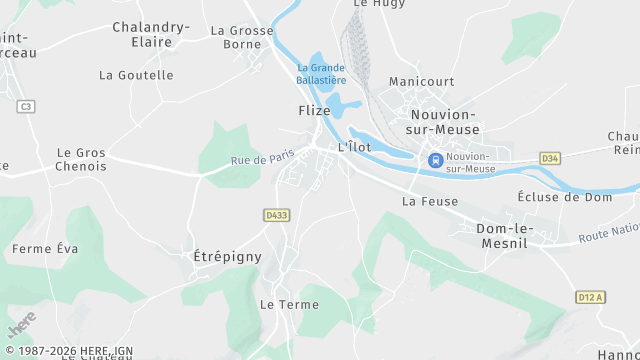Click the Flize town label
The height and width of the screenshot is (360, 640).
click(314, 110)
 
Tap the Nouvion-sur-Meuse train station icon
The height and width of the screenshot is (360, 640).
click(435, 160)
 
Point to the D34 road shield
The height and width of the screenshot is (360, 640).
click(549, 158)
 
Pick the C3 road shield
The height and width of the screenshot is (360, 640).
click(26, 106)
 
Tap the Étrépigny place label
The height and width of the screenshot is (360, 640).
click(226, 257)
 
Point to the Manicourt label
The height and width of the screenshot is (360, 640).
click(421, 81)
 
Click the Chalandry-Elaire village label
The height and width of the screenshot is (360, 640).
click(151, 35)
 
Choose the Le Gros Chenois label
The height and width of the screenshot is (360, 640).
click(82, 160)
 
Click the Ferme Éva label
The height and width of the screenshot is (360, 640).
click(44, 248)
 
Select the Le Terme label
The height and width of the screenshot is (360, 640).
click(288, 303)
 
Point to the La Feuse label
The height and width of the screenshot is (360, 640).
click(429, 201)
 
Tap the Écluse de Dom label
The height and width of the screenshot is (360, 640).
click(565, 197)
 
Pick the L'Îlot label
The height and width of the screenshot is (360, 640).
click(355, 147)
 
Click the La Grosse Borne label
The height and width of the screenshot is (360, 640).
click(242, 38)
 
